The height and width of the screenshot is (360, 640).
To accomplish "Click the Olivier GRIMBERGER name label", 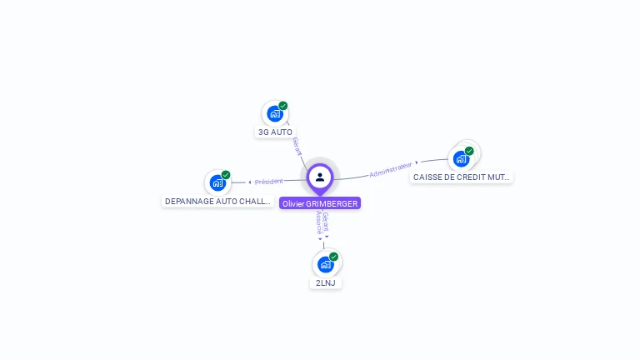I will pos(320,203).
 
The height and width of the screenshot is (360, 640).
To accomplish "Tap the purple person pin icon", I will pos(320,177).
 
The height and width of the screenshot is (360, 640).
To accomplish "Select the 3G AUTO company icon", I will pos(274,114).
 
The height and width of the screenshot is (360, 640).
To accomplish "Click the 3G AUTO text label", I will pos(275,132).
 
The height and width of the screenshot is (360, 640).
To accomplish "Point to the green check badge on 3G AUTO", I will pos(283,106).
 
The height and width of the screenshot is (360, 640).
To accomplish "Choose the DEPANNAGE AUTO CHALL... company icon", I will pos(217,182).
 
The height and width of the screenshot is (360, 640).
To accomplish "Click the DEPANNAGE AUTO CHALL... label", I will pos(217,201).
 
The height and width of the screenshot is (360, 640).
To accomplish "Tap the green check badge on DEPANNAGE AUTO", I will pos(226,175).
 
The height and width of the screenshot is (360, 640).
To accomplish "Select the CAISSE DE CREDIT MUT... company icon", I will pos(461,158).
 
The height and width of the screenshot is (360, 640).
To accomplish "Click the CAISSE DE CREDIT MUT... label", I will pos(461,177).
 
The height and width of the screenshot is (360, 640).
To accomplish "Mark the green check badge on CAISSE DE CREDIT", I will pos(469,151).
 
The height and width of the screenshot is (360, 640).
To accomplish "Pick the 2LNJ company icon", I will pos(325,264).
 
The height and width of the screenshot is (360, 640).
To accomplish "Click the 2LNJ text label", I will pos(325,282).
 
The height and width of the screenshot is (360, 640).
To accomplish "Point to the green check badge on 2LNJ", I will pos(334,257).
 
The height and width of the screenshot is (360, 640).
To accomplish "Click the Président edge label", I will pos(269,182).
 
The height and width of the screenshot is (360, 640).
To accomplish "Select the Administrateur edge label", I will pos(391,170).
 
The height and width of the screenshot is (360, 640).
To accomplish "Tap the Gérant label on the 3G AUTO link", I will pos(297,147).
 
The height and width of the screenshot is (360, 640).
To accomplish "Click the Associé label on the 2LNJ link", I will pos(319,222).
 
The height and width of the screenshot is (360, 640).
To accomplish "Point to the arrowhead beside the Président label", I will pos(249,182).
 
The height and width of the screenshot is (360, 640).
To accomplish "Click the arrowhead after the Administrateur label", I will pos(417,163).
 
